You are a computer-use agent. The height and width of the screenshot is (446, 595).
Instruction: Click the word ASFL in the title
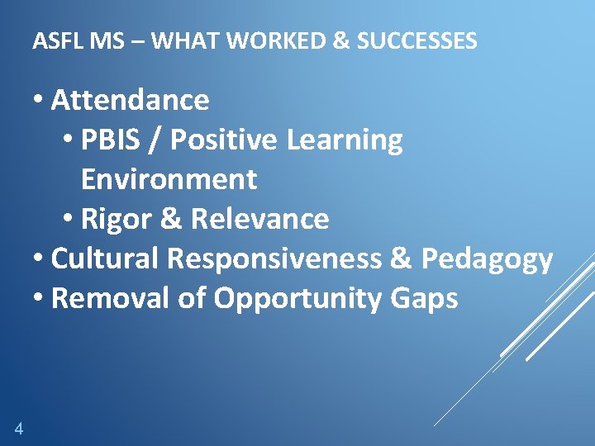[x=59, y=40]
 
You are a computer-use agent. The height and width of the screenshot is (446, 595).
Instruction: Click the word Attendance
[x=130, y=100]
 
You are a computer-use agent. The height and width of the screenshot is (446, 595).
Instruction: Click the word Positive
[x=223, y=140]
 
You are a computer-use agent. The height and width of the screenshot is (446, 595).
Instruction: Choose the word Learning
[x=345, y=140]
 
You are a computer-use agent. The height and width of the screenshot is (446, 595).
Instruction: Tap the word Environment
[x=169, y=178]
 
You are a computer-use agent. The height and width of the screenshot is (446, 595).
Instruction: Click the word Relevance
[x=259, y=219]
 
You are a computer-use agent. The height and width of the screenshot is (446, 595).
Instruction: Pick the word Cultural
[x=105, y=259]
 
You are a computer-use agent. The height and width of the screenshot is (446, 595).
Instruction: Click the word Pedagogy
[x=487, y=259]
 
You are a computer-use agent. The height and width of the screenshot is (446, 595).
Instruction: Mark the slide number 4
[x=18, y=428]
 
